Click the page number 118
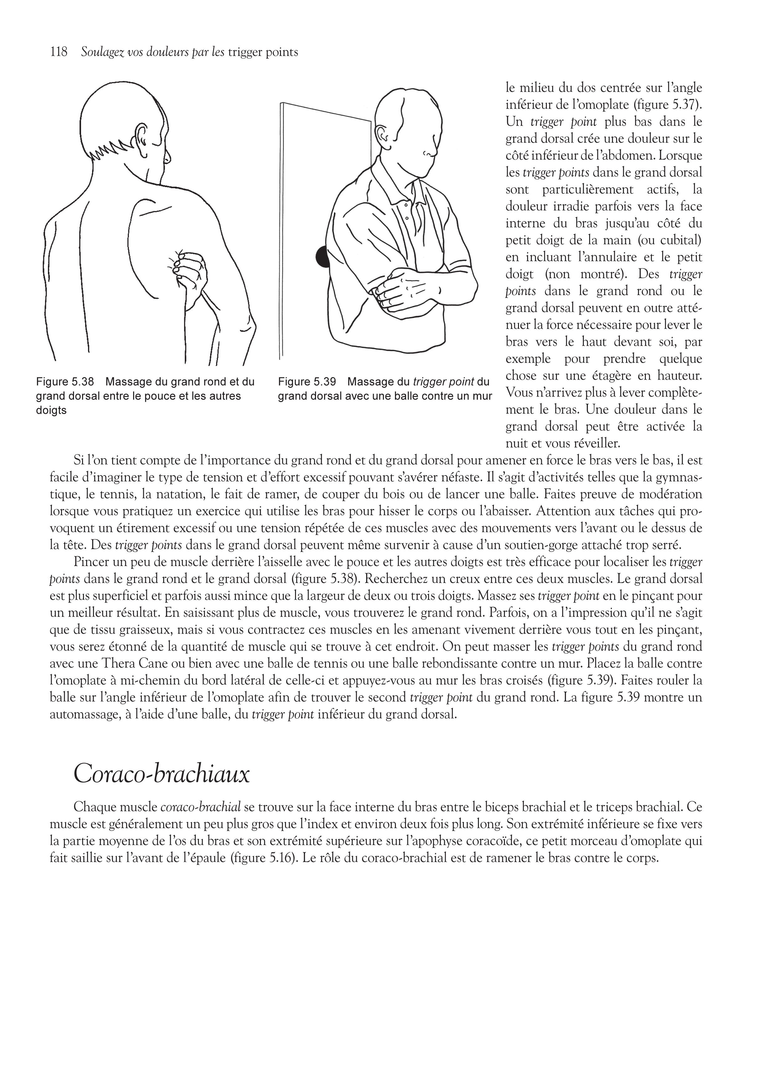point(59,52)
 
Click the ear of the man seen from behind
point(141,137)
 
